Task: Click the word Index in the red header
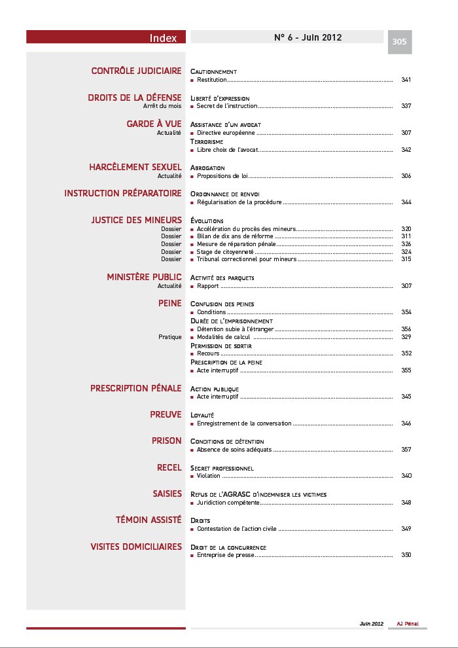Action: click(x=163, y=38)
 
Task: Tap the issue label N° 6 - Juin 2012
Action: click(x=308, y=37)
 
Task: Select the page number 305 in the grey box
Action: click(x=399, y=42)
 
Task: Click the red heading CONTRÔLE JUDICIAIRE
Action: click(x=136, y=71)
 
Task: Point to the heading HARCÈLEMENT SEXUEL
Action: click(x=135, y=168)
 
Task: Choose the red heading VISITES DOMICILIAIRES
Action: click(x=136, y=547)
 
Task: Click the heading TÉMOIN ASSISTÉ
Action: click(x=149, y=520)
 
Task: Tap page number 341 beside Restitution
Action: click(x=406, y=80)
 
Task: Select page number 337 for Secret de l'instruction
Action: click(x=406, y=106)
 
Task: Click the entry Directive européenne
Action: click(x=226, y=133)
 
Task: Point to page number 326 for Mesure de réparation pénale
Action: click(x=406, y=244)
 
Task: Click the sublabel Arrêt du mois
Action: click(x=162, y=106)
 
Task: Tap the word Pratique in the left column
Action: click(x=169, y=337)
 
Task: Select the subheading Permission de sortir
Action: click(x=221, y=346)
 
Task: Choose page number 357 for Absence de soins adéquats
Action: click(x=406, y=450)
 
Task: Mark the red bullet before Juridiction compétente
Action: click(x=192, y=503)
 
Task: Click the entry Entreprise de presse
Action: click(x=225, y=555)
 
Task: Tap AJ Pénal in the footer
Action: click(x=408, y=624)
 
